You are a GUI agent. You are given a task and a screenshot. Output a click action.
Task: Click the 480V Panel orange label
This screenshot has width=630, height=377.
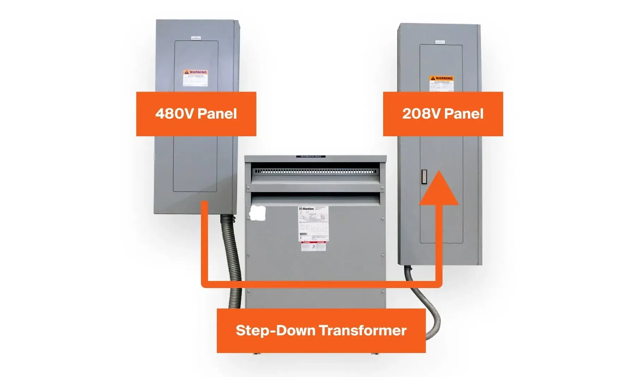[196, 114]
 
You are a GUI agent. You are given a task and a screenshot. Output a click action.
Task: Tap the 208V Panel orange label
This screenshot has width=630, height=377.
[443, 114]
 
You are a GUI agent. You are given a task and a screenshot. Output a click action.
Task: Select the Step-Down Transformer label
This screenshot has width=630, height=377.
[321, 331]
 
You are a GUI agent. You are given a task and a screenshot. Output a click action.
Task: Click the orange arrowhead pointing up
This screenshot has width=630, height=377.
[439, 189]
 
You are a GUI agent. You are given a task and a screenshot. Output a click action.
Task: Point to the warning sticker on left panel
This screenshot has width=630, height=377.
[195, 78]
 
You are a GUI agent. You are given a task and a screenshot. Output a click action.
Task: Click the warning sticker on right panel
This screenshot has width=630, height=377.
[441, 84]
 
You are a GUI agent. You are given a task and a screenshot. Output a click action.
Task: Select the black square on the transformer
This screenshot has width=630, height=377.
[257, 214]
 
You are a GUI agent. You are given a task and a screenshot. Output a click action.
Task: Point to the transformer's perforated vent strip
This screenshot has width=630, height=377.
[315, 171]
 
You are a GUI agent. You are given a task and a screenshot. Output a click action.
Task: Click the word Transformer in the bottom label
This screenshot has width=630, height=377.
[363, 331]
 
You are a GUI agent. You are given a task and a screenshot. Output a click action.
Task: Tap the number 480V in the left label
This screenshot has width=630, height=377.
[175, 114]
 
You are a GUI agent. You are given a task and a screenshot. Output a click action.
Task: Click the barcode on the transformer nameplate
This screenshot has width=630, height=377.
[303, 234]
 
